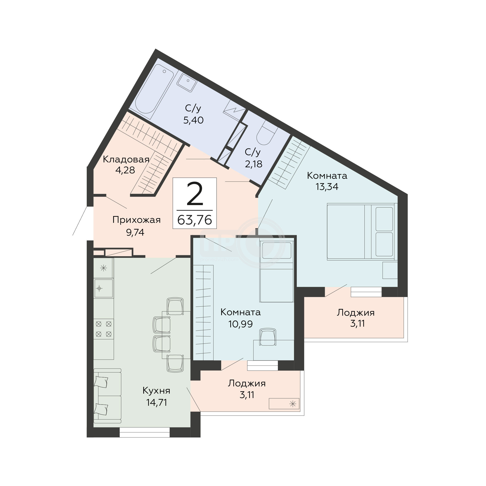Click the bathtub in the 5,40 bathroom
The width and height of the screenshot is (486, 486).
point(155,91)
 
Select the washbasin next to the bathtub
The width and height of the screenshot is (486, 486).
point(187,82)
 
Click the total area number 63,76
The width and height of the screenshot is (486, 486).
point(195,220)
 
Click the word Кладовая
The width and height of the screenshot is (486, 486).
point(126,160)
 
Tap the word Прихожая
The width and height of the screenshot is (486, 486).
point(136,220)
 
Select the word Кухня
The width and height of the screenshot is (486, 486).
point(156,391)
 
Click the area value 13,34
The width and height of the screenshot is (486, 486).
point(327,187)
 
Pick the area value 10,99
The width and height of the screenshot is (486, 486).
point(241,324)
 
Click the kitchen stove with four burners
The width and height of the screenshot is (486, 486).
point(104,329)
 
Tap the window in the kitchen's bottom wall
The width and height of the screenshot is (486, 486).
point(145,432)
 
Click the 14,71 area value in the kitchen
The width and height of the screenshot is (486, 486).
point(157,402)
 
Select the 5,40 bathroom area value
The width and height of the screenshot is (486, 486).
point(193,120)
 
